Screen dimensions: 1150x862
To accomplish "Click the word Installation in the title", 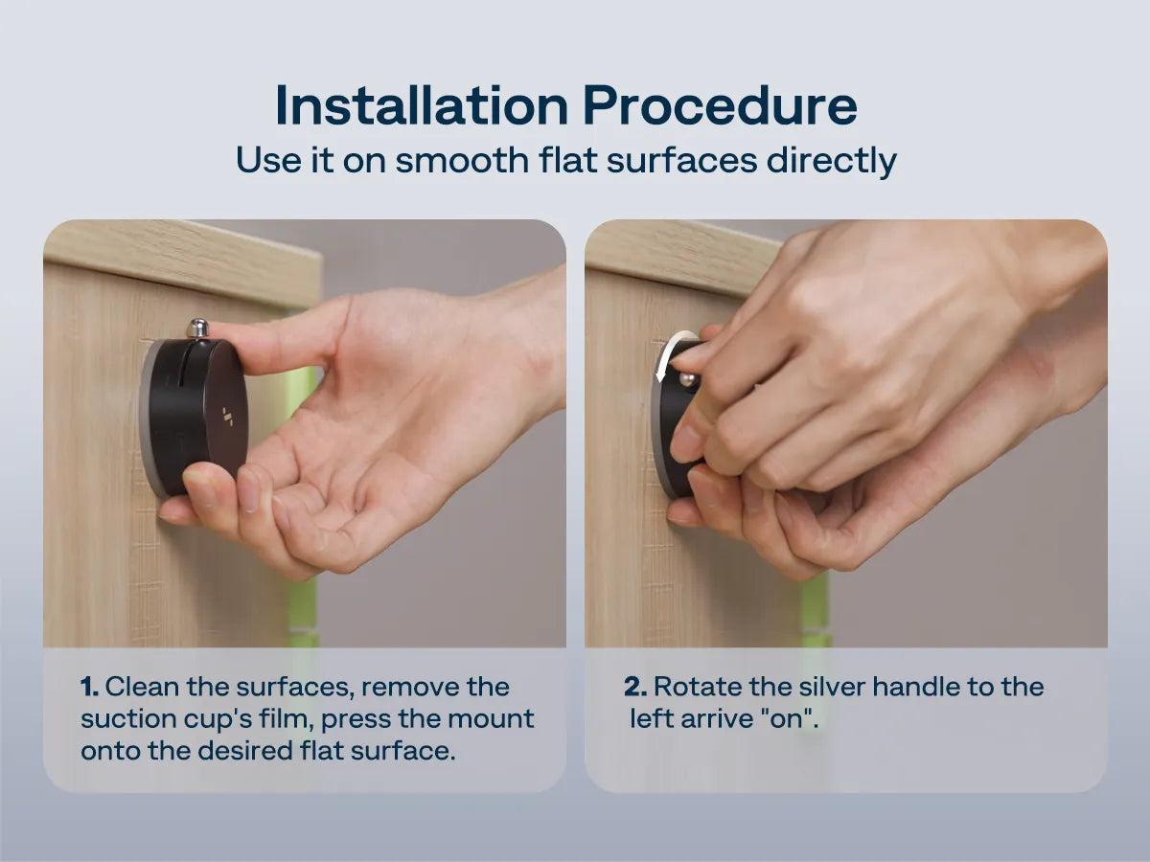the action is pos(422,105).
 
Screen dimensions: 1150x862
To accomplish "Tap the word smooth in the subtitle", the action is pos(462,159).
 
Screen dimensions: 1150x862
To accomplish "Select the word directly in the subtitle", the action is pos(832,161).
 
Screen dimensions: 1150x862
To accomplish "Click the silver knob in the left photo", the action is pos(196,329).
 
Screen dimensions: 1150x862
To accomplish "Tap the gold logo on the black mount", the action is pos(228,416).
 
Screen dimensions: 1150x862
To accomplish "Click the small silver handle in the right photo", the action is pos(688,379).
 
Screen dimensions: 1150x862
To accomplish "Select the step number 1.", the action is pos(89,687).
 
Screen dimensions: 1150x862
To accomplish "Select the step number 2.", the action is pos(635,687).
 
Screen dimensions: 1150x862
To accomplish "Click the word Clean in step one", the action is pos(143,687).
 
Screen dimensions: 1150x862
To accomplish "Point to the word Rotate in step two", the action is pos(698,687).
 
